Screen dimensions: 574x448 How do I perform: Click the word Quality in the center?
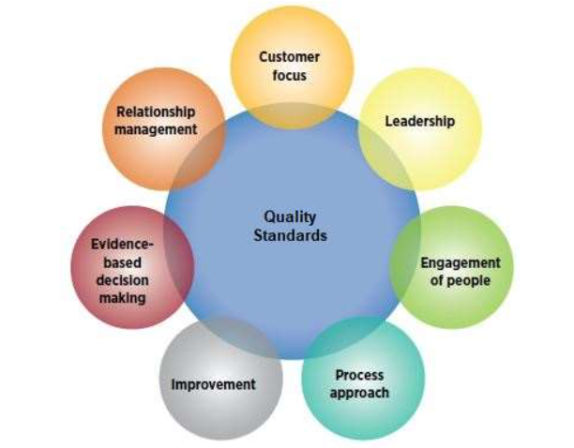click(x=290, y=217)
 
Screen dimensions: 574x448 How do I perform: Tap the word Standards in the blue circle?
click(x=290, y=235)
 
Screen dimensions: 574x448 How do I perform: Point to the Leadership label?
click(x=419, y=121)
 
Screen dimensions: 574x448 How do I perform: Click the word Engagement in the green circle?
click(x=461, y=263)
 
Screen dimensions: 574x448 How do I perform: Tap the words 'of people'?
click(x=461, y=280)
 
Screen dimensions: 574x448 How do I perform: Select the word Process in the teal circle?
click(x=359, y=375)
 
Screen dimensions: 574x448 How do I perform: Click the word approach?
click(x=359, y=392)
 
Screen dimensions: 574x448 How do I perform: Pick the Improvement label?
click(x=213, y=384)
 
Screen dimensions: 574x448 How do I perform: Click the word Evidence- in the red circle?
click(x=123, y=245)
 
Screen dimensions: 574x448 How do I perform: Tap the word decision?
click(x=123, y=280)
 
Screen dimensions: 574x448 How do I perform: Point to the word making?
click(x=123, y=297)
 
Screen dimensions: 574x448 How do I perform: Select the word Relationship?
click(x=156, y=112)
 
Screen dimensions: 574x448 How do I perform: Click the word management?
click(x=156, y=128)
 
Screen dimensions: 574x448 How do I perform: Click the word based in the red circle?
click(x=123, y=262)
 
